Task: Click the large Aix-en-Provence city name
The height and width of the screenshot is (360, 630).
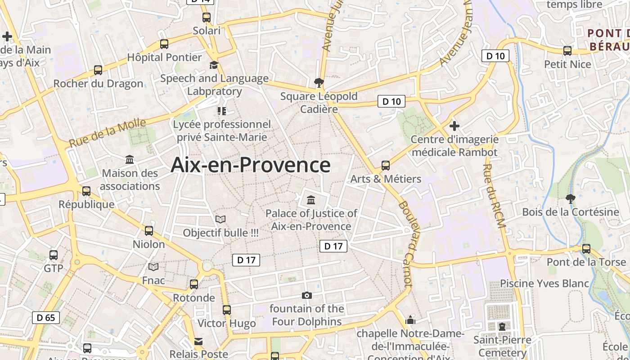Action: coord(251,165)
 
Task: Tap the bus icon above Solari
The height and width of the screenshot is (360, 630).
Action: coord(207,18)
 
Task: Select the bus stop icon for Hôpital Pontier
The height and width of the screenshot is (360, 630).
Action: coord(164,44)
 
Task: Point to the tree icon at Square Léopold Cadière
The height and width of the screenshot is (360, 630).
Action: coord(319,82)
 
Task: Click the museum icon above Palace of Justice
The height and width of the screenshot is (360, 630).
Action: coord(310,199)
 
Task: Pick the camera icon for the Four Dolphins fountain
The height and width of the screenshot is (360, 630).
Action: coord(307,295)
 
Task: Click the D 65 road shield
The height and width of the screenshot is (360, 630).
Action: coord(46,318)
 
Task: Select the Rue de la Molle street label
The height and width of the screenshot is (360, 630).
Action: coord(108,133)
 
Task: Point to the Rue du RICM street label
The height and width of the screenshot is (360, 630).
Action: coord(494,195)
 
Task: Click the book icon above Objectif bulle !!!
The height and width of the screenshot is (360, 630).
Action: coord(220,219)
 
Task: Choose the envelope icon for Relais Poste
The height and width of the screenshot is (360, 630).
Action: coord(198,341)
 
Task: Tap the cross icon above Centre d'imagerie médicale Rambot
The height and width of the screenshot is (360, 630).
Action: coord(454,126)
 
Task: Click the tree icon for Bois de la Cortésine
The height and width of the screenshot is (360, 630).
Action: coord(570,198)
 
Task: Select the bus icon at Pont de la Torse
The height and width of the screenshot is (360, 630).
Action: coord(586,248)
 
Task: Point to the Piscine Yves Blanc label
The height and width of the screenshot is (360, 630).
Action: coord(544,283)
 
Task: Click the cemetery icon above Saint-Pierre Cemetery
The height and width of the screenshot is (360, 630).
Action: coord(502,326)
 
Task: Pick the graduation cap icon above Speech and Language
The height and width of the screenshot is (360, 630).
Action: coord(214,65)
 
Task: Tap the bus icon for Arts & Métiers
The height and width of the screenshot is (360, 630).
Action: coord(386,165)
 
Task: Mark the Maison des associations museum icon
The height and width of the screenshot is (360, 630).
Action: coord(130,160)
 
